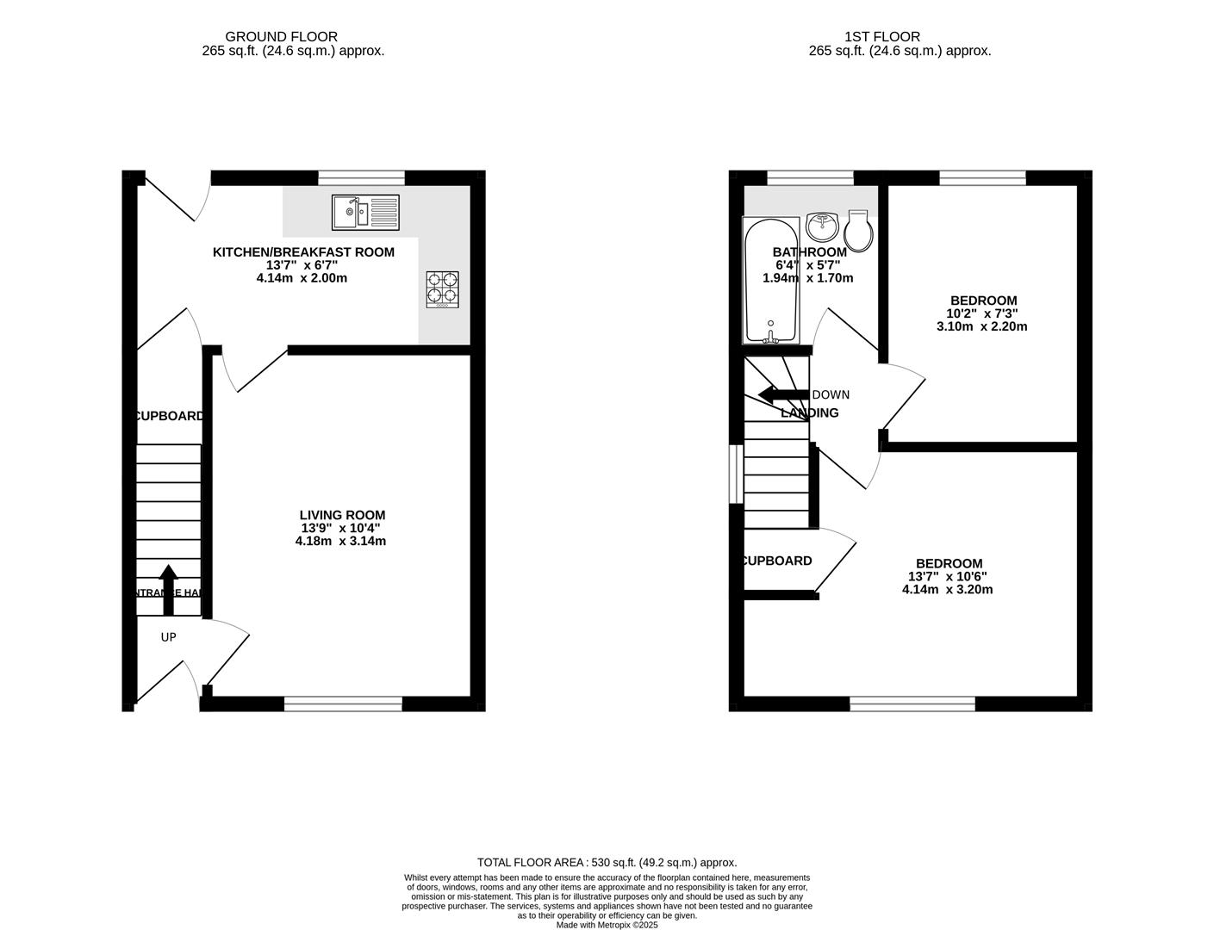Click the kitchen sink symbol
[365, 212]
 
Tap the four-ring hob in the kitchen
[443, 289]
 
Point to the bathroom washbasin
[824, 227]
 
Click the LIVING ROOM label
[342, 515]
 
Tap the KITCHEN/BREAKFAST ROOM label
[303, 252]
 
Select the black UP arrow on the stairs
[168, 589]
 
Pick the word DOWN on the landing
[831, 395]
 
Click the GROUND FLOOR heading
[281, 36]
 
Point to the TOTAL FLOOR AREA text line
[607, 862]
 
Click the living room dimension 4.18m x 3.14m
[340, 542]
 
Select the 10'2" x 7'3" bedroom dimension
[982, 313]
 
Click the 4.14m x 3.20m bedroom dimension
[947, 590]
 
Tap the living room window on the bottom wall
[343, 704]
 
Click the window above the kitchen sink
[361, 178]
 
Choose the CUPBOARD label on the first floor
[777, 561]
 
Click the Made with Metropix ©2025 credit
[607, 925]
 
